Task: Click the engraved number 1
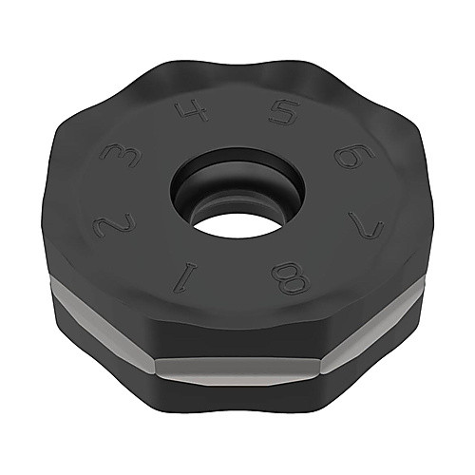tap(185, 277)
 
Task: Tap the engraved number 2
tap(113, 224)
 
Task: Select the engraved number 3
tap(120, 155)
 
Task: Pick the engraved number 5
tap(284, 112)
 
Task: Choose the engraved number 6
tap(355, 156)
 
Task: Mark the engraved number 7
tap(366, 224)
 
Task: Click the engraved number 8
tap(290, 277)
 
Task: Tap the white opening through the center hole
tap(237, 225)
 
